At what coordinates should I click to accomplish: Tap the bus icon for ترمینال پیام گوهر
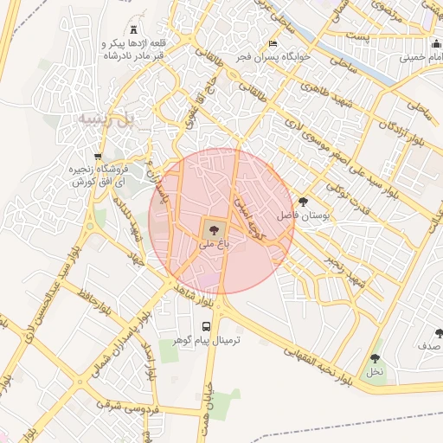206,326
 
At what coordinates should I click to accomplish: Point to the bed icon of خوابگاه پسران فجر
274,44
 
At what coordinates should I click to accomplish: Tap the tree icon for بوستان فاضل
301,201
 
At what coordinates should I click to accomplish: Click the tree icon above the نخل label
375,357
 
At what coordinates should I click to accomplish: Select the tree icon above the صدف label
439,332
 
